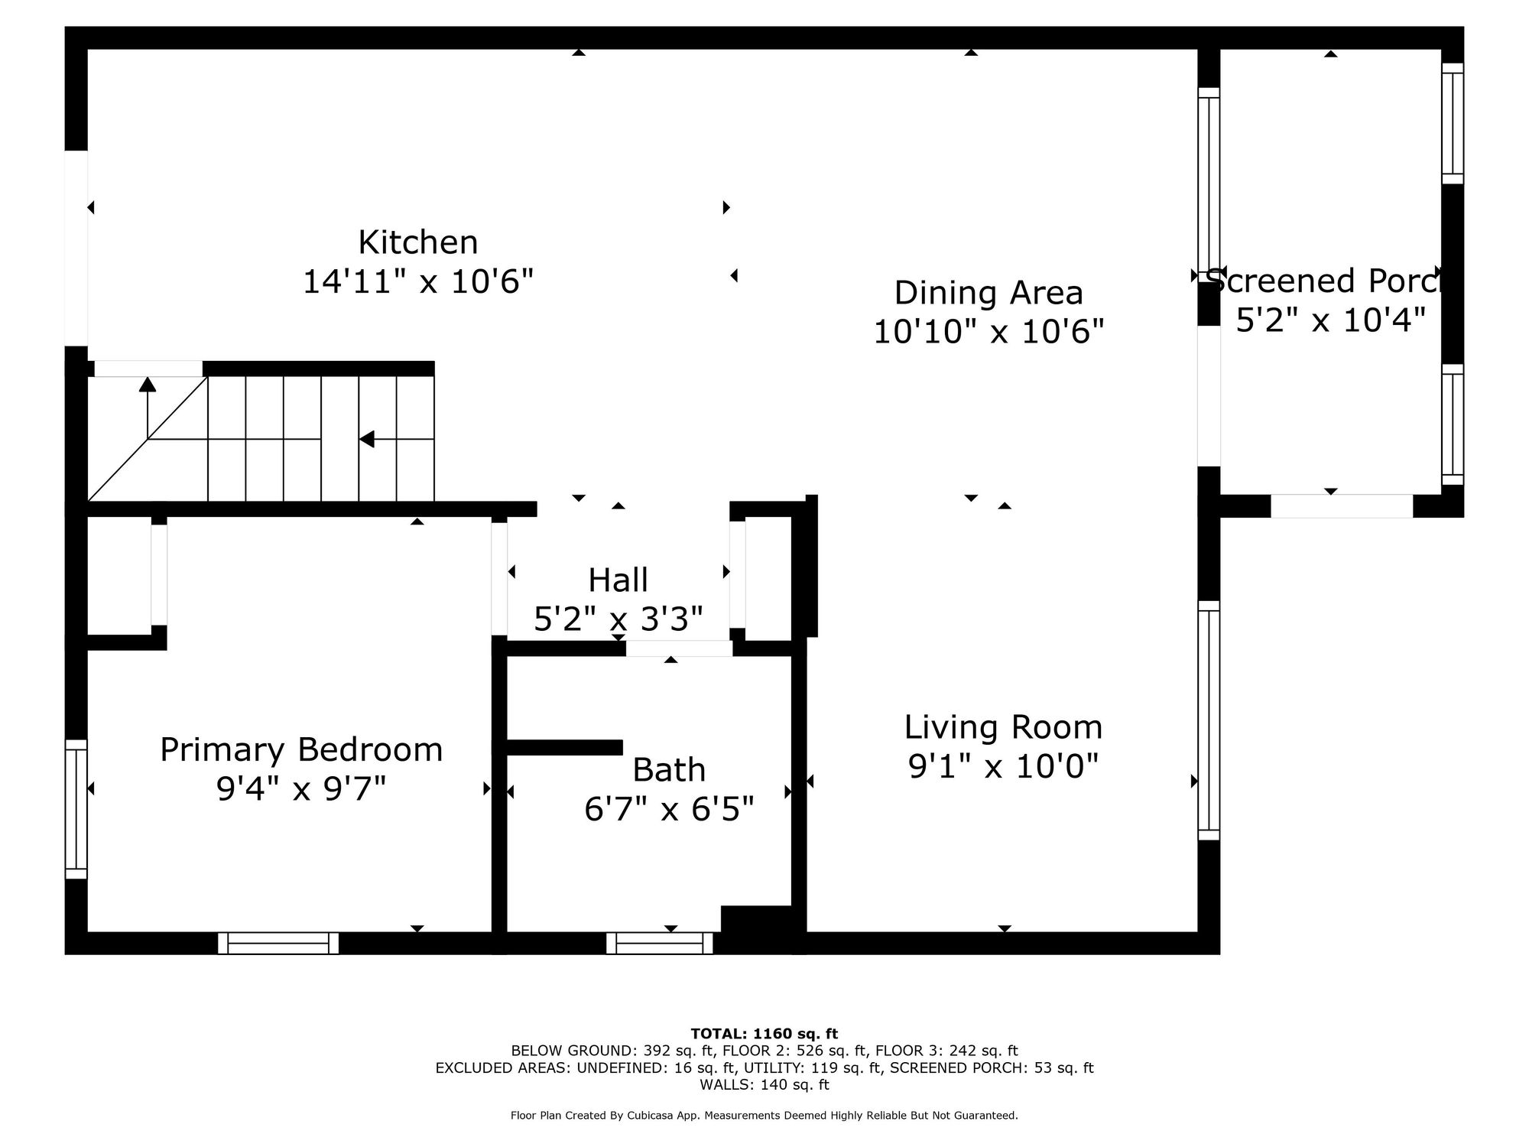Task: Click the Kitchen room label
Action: (418, 242)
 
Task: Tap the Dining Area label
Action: (988, 293)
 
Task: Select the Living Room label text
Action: (1003, 727)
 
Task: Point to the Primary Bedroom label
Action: (301, 749)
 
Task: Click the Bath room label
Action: (669, 770)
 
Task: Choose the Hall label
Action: (618, 580)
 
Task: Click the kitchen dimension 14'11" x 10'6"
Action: (418, 281)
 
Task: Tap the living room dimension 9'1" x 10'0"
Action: (1003, 766)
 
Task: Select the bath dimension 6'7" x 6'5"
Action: (669, 809)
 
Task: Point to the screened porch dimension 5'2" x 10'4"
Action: (1331, 320)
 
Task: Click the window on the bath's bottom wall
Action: (660, 943)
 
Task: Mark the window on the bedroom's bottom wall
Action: (278, 943)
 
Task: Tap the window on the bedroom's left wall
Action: (76, 809)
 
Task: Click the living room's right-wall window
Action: (1209, 720)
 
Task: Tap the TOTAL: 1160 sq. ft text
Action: (764, 1034)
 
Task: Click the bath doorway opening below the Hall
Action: (679, 648)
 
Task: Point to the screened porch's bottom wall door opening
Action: (1342, 506)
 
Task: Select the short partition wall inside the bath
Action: (565, 747)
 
